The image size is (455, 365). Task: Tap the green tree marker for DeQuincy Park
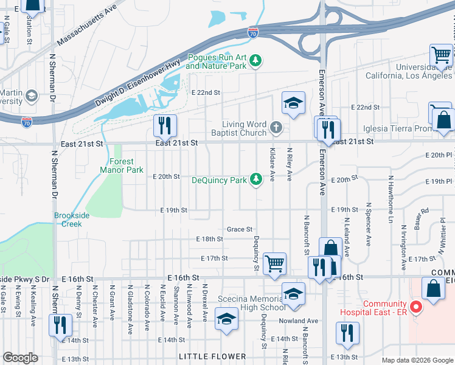tap(257, 178)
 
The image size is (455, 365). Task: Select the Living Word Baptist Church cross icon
tap(276, 127)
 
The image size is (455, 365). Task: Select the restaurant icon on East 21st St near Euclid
tap(165, 126)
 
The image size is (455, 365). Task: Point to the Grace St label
tap(239, 229)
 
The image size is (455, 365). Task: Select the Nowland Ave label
tap(304, 321)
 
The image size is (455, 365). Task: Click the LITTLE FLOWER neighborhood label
tap(212, 356)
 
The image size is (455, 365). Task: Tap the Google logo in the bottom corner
tap(20, 358)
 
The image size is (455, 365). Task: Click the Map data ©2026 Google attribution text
tap(417, 360)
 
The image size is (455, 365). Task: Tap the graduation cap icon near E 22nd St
tap(293, 102)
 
